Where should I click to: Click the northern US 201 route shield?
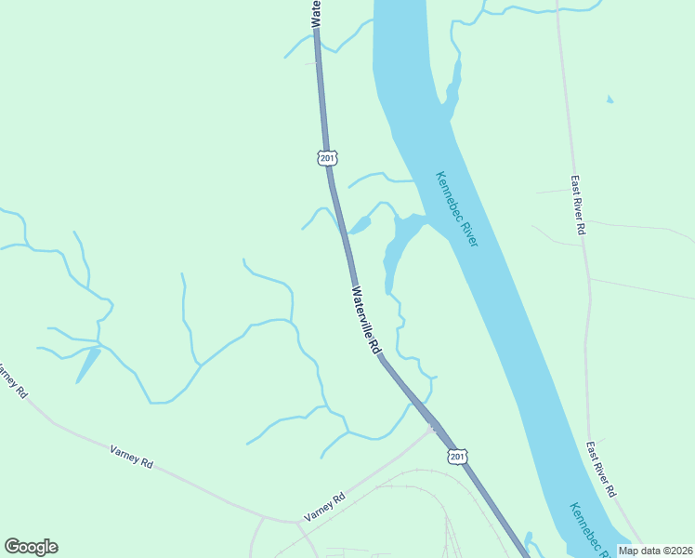point(326,158)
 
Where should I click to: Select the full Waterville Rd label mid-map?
point(366,318)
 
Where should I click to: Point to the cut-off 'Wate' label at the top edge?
point(316,11)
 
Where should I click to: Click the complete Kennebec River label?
point(456,208)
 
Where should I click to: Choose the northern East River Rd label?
point(578,205)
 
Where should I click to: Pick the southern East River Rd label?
point(601,470)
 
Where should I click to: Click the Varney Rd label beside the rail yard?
point(323,507)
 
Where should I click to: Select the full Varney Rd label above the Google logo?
point(131,455)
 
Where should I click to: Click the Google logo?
point(31,547)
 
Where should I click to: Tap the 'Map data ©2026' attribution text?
point(655,551)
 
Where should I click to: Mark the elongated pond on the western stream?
point(87,365)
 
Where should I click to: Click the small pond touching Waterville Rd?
point(359,225)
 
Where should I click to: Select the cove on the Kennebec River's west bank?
point(398,244)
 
